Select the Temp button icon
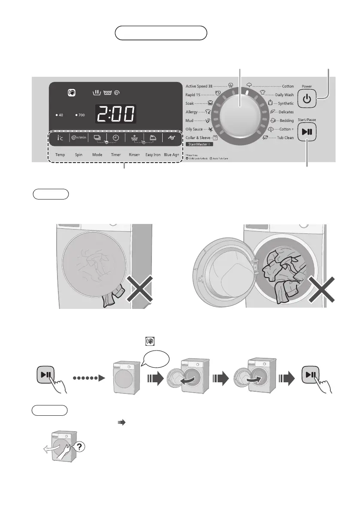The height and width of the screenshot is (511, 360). [60, 138]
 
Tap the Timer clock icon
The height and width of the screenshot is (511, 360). [116, 138]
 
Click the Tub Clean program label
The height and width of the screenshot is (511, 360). [286, 138]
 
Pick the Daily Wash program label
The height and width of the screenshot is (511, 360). [284, 94]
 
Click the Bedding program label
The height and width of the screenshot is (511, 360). [287, 121]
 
